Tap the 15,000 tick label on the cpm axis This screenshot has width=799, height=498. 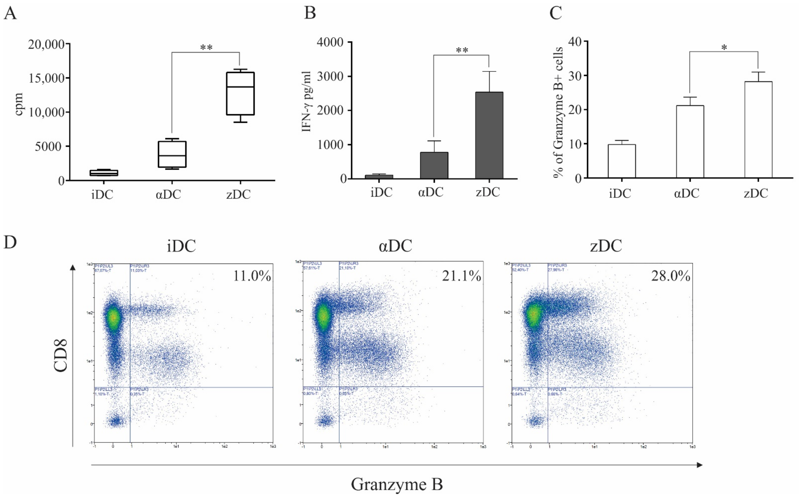(46, 78)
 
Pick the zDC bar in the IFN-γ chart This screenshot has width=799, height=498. (489, 135)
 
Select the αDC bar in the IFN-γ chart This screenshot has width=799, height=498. (434, 165)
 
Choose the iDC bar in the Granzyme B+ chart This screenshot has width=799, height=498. (622, 161)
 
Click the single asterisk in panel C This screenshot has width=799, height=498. (724, 48)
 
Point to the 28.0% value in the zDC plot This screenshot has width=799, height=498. (671, 276)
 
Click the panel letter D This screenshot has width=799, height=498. (10, 243)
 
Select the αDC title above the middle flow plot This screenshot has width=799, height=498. (395, 246)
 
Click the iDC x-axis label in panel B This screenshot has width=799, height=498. (381, 192)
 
